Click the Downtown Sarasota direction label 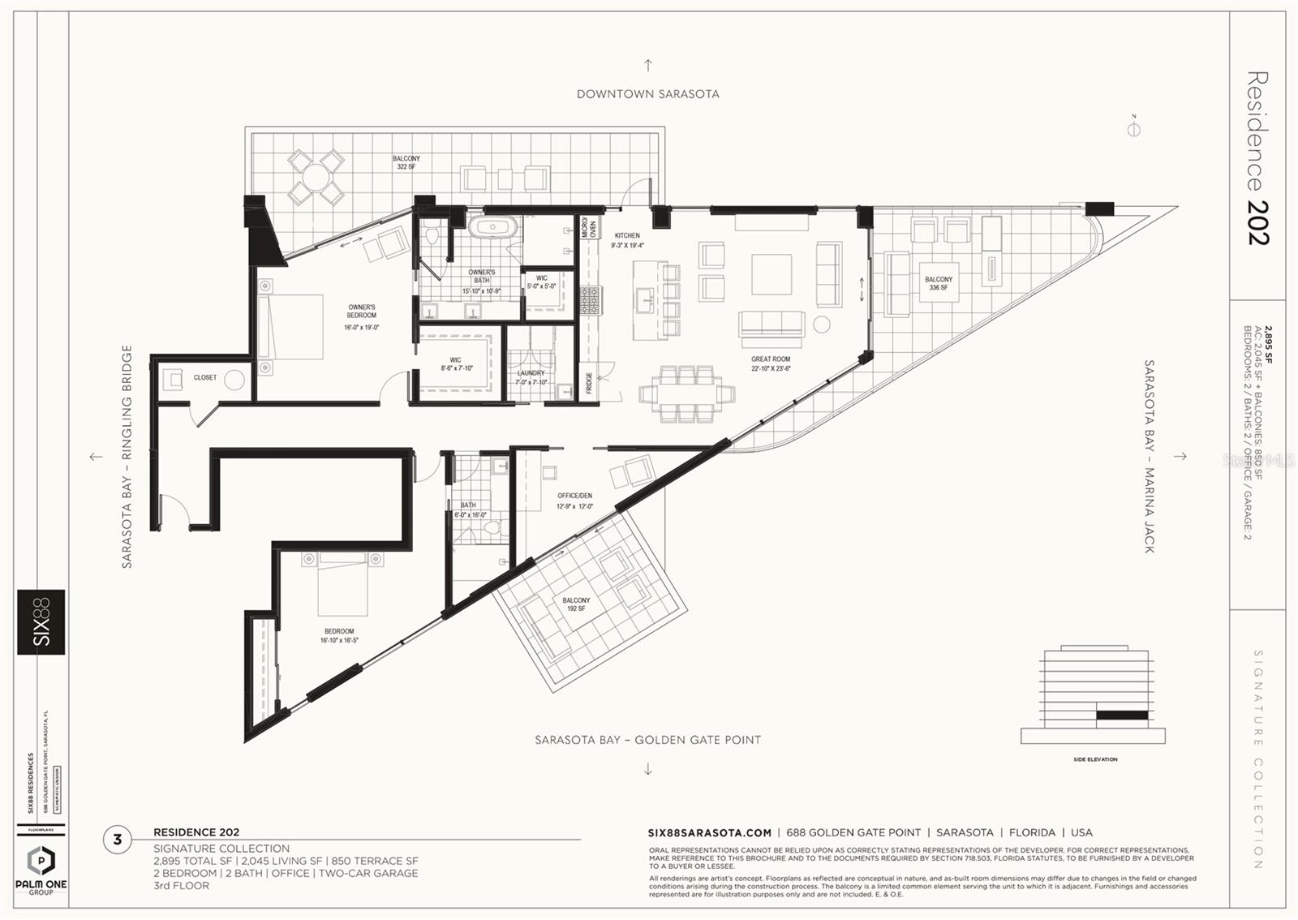click(x=647, y=94)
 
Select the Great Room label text click(x=770, y=359)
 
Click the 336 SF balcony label click(x=938, y=283)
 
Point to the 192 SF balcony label click(x=576, y=604)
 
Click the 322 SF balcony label click(x=406, y=162)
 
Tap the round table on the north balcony click(x=316, y=177)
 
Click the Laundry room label click(x=531, y=377)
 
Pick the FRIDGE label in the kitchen click(x=589, y=383)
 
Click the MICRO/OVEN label click(x=588, y=229)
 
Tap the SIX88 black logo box click(x=41, y=621)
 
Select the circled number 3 click(x=118, y=840)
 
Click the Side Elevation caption click(x=1094, y=759)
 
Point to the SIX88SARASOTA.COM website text click(x=709, y=832)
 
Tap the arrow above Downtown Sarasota click(x=647, y=65)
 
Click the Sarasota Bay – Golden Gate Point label click(x=647, y=740)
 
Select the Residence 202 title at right click(x=1257, y=158)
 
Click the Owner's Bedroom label click(x=361, y=312)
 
